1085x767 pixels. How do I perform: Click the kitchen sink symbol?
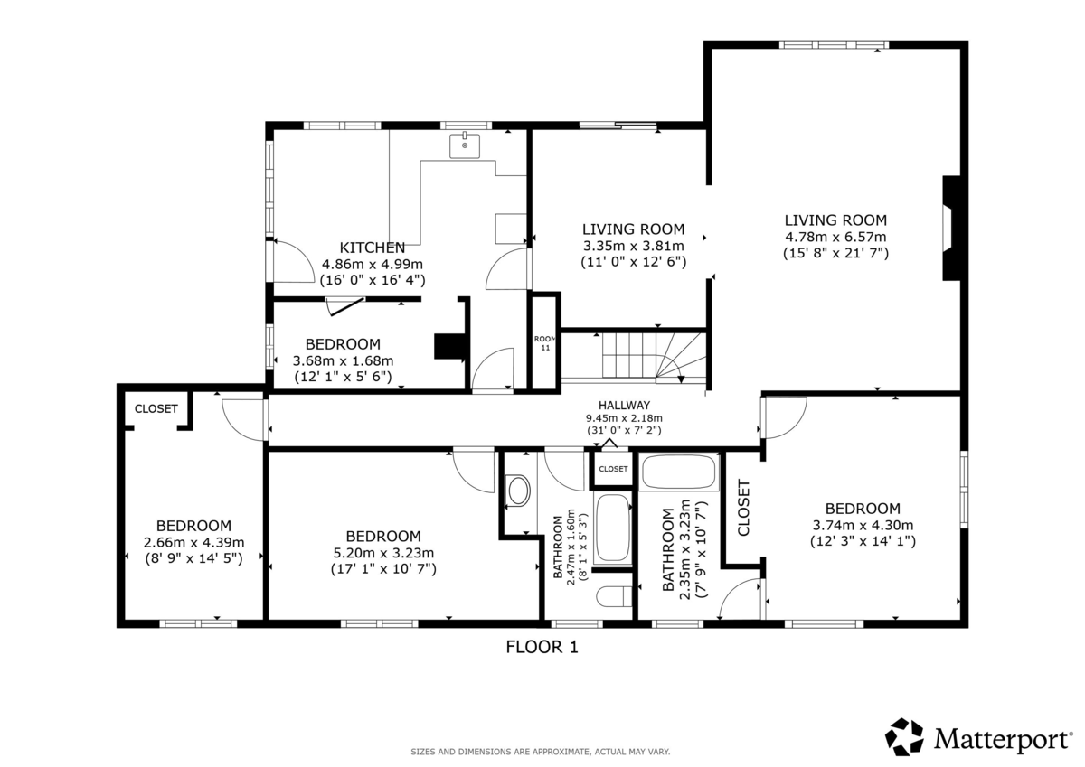(x=465, y=145)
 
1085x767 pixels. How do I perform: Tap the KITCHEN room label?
(x=372, y=248)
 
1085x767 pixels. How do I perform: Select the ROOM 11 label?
(x=545, y=343)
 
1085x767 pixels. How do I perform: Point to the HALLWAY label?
(x=624, y=405)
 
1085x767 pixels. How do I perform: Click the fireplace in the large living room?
(x=951, y=228)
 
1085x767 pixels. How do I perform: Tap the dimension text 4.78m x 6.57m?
(x=835, y=237)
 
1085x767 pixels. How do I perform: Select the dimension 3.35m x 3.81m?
(x=634, y=246)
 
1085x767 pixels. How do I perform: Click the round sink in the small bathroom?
(x=518, y=491)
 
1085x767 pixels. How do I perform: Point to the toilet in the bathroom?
(x=614, y=596)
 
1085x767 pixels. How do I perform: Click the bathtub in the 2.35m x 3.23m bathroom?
(x=679, y=472)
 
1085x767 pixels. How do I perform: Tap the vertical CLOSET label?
(x=743, y=508)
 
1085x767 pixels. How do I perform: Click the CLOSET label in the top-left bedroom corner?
(x=156, y=409)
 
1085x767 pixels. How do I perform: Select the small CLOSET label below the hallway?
(x=613, y=469)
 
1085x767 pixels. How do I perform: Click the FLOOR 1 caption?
(x=542, y=647)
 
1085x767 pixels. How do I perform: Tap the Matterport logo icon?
(x=904, y=736)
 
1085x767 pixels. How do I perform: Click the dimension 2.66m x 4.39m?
(x=193, y=542)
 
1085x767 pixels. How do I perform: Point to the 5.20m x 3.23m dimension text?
(x=383, y=553)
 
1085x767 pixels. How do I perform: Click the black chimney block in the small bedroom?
(x=450, y=347)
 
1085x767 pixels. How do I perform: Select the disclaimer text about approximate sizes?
(x=541, y=752)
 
